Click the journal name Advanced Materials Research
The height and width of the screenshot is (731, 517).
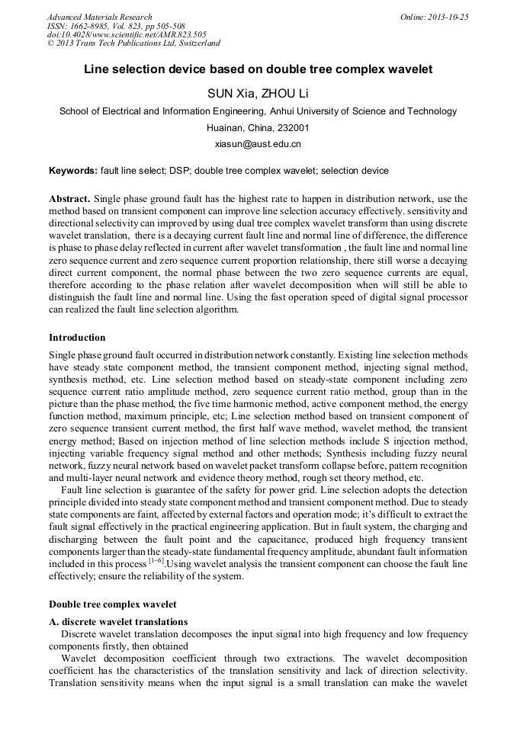pyautogui.click(x=99, y=17)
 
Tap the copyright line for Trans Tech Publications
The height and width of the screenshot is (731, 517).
pyautogui.click(x=133, y=43)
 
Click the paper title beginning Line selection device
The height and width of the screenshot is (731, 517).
pyautogui.click(x=258, y=69)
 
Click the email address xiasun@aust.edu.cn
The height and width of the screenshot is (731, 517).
pyautogui.click(x=258, y=143)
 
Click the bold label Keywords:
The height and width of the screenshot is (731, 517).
pyautogui.click(x=73, y=171)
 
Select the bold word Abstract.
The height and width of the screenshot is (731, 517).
pyautogui.click(x=70, y=197)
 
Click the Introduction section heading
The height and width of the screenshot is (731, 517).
pyautogui.click(x=77, y=337)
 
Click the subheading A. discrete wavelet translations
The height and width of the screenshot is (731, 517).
pyautogui.click(x=117, y=621)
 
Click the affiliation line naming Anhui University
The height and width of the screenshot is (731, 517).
pyautogui.click(x=258, y=111)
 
